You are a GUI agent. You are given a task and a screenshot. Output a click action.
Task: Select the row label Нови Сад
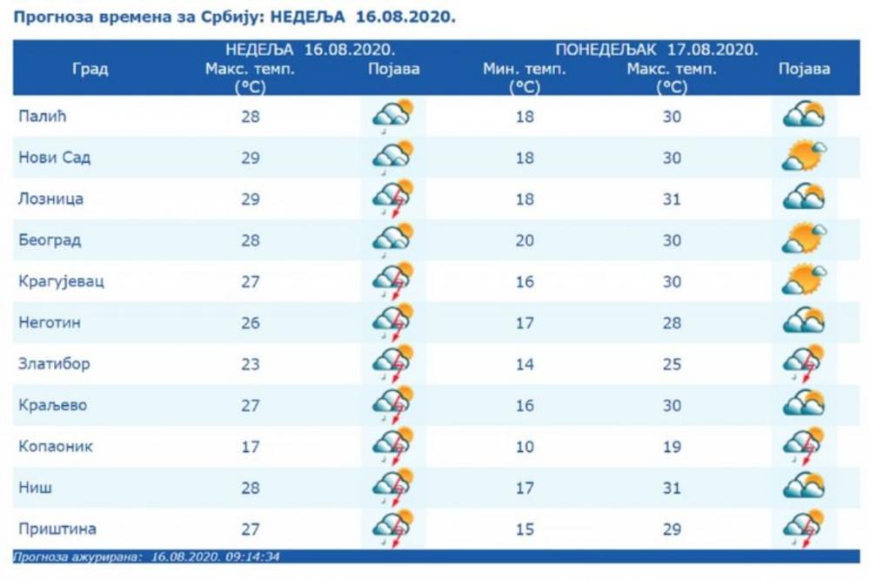coord(55,158)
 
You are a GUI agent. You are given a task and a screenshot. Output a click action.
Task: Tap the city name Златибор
coord(54,364)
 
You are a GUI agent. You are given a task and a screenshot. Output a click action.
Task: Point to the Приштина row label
coord(57,529)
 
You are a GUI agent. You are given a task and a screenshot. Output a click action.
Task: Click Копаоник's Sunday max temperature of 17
coord(251,447)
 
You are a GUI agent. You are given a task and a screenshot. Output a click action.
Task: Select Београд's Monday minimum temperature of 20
coord(525,240)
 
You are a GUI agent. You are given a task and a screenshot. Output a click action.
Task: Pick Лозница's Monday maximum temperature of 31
coord(672,199)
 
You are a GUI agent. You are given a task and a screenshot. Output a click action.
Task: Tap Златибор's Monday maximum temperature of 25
coord(672,364)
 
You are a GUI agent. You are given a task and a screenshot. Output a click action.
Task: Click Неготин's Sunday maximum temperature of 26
coord(251,323)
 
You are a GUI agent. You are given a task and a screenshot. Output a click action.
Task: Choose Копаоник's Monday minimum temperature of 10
coord(525,447)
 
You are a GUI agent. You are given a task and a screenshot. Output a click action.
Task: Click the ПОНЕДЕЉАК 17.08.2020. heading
coord(657,50)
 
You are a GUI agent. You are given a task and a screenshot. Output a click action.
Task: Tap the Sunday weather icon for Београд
coord(392,239)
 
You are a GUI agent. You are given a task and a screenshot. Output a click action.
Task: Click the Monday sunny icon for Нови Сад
coord(803,158)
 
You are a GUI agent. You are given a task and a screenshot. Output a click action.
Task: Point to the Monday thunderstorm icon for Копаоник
coord(803,448)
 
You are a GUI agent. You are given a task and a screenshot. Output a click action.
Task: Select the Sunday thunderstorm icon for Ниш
coord(392,489)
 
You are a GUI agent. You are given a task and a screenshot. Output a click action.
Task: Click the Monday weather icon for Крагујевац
coord(803,281)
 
